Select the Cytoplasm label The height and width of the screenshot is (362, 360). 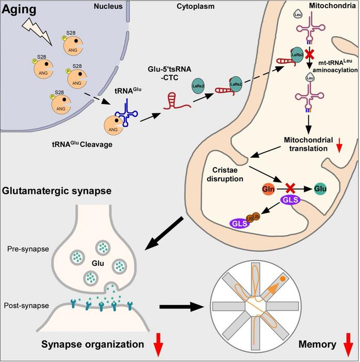click(x=182, y=7)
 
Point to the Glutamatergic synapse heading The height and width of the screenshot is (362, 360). click(x=57, y=191)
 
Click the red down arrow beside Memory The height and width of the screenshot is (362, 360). click(x=346, y=345)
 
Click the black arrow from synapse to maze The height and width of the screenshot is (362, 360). click(x=180, y=307)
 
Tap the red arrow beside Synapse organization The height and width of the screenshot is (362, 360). click(x=158, y=345)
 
